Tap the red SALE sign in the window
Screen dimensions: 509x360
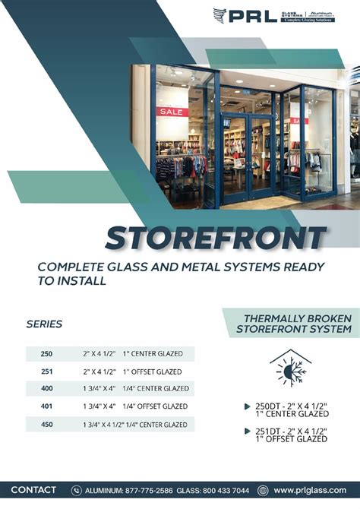tap(172, 111)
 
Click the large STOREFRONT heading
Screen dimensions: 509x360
tap(216, 239)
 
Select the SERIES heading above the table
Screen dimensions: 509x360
tap(44, 324)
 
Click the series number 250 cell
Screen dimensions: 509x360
tap(46, 353)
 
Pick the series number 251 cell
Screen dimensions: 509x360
tap(46, 371)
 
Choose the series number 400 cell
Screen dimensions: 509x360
tap(46, 389)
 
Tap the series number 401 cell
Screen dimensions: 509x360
tap(46, 406)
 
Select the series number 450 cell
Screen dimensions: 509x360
tap(46, 424)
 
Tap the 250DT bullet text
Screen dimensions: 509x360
tap(292, 409)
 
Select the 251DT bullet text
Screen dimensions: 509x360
tap(292, 435)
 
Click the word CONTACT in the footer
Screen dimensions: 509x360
tap(33, 490)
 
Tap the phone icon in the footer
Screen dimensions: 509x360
tap(77, 491)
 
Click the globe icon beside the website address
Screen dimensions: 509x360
tap(263, 491)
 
